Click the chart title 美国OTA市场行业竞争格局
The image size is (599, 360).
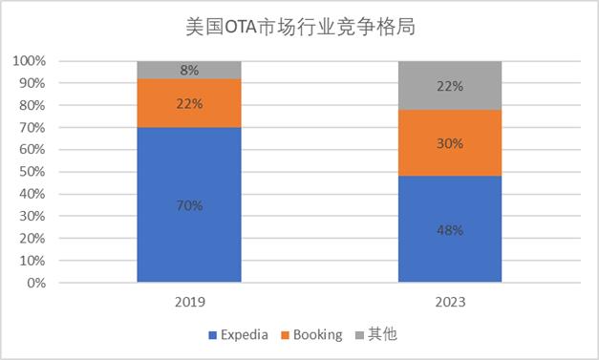pyautogui.click(x=300, y=27)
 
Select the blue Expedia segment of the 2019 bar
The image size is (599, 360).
pyautogui.click(x=189, y=204)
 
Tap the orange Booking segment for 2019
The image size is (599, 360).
pyautogui.click(x=189, y=103)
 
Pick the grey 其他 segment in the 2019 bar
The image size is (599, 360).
pyautogui.click(x=189, y=70)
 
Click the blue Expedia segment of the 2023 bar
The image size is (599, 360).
pyautogui.click(x=450, y=229)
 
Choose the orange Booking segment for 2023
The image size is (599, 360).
pyautogui.click(x=450, y=143)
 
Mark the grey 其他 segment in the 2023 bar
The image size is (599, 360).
pyautogui.click(x=450, y=86)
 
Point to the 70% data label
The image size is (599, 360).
pyautogui.click(x=189, y=205)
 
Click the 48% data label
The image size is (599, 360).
pyautogui.click(x=450, y=230)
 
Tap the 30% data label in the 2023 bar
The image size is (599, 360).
pyautogui.click(x=450, y=143)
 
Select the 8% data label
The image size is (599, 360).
pyautogui.click(x=189, y=71)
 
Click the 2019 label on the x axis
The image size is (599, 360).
pyautogui.click(x=190, y=302)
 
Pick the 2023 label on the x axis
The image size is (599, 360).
pyautogui.click(x=450, y=302)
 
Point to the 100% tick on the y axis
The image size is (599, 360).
pyautogui.click(x=29, y=61)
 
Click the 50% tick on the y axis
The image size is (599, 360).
pyautogui.click(x=32, y=172)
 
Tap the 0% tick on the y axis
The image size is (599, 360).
pyautogui.click(x=36, y=283)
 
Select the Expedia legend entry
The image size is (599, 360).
pyautogui.click(x=239, y=335)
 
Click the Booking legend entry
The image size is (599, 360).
pyautogui.click(x=311, y=335)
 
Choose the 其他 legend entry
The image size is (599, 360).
pyautogui.click(x=376, y=334)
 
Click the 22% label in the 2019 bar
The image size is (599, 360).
pyautogui.click(x=189, y=103)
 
